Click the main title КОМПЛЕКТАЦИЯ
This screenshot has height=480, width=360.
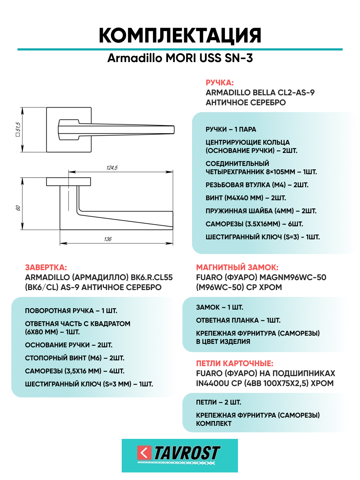(180, 36)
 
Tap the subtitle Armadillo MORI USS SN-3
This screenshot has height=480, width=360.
(180, 58)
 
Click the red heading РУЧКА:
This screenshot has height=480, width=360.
(219, 83)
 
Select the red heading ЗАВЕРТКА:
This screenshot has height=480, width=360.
(46, 267)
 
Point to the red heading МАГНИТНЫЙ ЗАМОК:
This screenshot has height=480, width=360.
(237, 267)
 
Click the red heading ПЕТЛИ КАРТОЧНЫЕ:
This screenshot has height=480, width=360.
(235, 363)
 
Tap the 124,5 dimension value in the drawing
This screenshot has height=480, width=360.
(112, 168)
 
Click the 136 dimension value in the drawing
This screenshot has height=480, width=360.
(108, 239)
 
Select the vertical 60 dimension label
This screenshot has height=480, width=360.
(18, 208)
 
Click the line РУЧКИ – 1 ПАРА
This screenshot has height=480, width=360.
(231, 129)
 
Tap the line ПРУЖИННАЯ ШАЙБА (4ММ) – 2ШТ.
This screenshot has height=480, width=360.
(261, 211)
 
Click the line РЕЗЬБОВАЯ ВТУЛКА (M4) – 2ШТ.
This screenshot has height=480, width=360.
(257, 185)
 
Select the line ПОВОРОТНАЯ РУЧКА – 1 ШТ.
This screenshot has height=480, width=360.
(71, 311)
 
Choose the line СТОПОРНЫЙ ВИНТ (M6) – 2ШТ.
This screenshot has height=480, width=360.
(74, 358)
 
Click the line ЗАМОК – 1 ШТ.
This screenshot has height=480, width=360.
(219, 307)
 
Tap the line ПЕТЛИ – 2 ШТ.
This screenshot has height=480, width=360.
(218, 402)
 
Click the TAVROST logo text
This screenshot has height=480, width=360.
(187, 453)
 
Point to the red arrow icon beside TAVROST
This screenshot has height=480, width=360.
(144, 453)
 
